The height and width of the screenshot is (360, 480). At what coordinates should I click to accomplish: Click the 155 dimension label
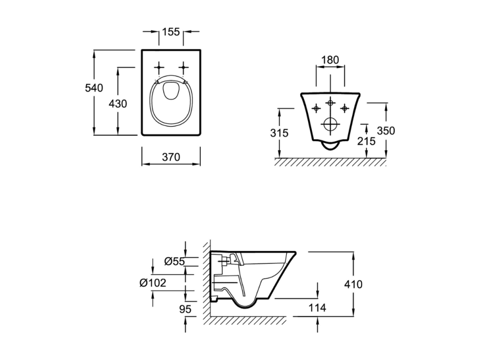coord(171,31)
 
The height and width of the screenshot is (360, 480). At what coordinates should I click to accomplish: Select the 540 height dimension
coord(94,88)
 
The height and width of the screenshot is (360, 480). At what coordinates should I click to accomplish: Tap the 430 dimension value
coord(118,104)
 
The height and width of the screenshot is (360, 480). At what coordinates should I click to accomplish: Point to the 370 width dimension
coord(171,157)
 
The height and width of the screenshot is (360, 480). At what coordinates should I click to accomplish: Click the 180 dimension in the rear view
coord(330,60)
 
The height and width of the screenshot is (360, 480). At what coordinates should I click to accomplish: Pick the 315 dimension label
coord(280,133)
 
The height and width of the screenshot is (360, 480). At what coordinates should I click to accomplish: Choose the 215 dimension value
coord(366,141)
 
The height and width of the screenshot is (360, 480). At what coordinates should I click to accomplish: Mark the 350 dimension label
coord(386,131)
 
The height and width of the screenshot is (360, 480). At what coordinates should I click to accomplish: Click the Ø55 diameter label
coord(175,261)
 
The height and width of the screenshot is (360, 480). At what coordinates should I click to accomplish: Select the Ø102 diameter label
coord(153,283)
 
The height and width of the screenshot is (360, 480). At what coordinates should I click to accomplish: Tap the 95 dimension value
coord(185,309)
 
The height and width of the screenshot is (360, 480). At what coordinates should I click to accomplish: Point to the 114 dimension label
coord(317,308)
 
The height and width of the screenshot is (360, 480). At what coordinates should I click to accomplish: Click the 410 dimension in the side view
coord(353,284)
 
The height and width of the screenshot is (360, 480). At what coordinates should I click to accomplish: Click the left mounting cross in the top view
coord(159,67)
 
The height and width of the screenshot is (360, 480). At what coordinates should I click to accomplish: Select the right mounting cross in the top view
coord(184,67)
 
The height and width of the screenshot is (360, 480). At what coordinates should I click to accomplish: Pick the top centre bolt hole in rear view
coord(330,102)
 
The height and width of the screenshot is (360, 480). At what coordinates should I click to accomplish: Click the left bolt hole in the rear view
coord(316,108)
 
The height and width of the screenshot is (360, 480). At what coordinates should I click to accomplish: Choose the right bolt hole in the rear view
coord(345,108)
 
